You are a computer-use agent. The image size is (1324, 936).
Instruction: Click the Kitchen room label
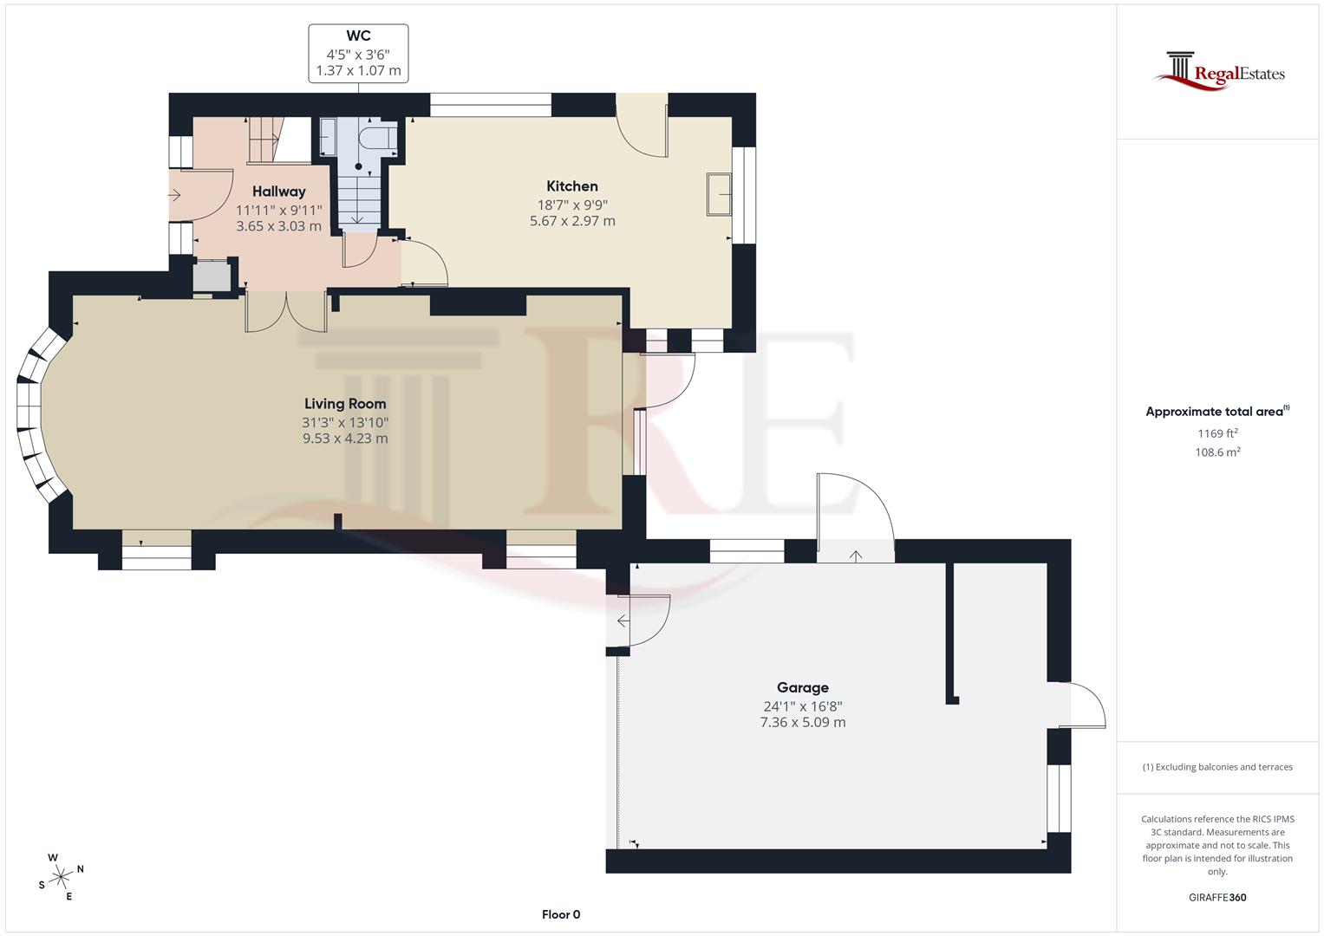pyautogui.click(x=571, y=186)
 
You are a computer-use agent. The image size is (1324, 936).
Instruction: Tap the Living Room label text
pyautogui.click(x=345, y=404)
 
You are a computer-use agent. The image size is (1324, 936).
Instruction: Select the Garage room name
pyautogui.click(x=802, y=688)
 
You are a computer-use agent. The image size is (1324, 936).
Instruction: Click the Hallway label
pyautogui.click(x=278, y=192)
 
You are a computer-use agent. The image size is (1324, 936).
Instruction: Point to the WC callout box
pyautogui.click(x=358, y=54)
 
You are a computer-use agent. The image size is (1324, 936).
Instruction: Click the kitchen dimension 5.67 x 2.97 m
pyautogui.click(x=572, y=221)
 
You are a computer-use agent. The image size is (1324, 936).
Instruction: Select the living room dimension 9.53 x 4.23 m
pyautogui.click(x=345, y=439)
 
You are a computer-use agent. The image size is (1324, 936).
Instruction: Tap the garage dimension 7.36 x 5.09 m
pyautogui.click(x=802, y=722)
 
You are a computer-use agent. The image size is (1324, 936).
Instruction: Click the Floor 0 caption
pyautogui.click(x=561, y=914)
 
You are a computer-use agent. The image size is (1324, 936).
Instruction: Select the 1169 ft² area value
pyautogui.click(x=1217, y=433)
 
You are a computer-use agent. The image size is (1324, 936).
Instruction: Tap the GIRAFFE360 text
pyautogui.click(x=1217, y=897)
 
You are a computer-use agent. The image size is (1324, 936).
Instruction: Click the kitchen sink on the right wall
pyautogui.click(x=719, y=194)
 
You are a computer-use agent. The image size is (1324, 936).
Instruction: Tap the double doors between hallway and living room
pyautogui.click(x=286, y=312)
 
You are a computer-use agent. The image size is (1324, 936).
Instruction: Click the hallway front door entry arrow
pyautogui.click(x=174, y=196)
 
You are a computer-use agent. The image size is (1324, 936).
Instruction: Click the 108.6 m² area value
pyautogui.click(x=1217, y=452)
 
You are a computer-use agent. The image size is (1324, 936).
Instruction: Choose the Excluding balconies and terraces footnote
pyautogui.click(x=1217, y=767)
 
